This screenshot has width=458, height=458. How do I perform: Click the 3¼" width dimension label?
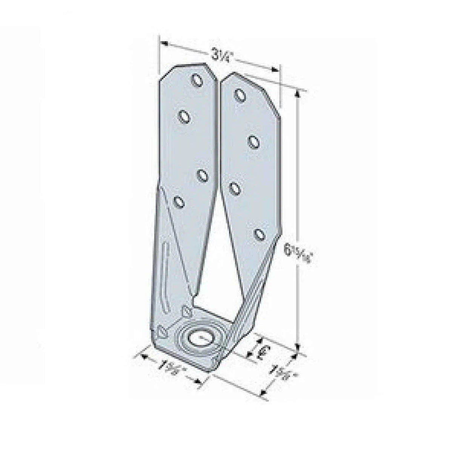point(218,56)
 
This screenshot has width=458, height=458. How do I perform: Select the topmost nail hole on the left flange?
point(197,80)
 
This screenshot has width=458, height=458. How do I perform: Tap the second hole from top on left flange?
point(184,117)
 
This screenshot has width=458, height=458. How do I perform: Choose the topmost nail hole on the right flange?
point(240,95)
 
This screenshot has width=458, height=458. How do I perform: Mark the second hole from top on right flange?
point(254,141)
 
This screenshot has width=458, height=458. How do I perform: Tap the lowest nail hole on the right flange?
point(258,234)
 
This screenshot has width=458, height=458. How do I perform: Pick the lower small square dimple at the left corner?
point(161,332)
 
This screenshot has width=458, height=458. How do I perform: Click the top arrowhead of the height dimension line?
point(299,91)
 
